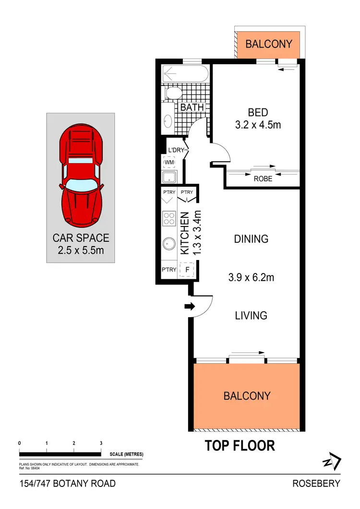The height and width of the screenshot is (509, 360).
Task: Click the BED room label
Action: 258,113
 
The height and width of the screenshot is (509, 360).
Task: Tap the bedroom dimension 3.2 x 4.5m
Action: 258,125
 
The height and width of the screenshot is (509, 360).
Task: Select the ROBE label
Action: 263,178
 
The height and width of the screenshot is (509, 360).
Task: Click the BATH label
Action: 192,107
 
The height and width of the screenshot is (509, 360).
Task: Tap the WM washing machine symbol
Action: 169,163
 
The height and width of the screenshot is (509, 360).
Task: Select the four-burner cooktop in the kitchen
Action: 169,219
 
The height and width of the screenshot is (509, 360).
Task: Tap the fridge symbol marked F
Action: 187,270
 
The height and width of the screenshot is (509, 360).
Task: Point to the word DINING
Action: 251,239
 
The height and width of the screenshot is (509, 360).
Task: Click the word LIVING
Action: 251,315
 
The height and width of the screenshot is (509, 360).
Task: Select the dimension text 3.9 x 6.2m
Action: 251,277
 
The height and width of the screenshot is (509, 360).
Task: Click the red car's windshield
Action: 80,184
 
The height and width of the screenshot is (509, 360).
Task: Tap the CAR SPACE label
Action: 81,237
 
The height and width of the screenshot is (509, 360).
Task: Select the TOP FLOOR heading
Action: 240,446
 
